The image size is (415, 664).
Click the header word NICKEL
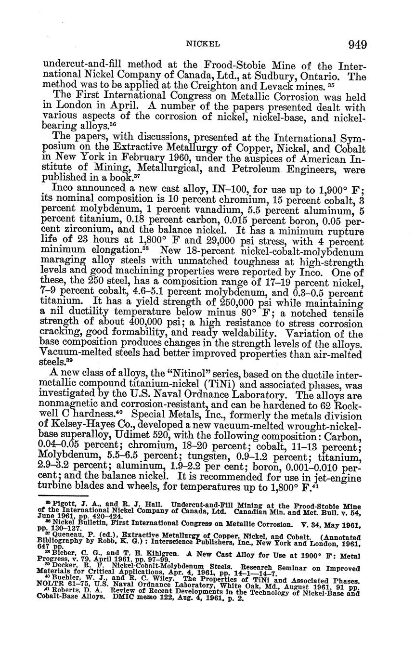click(x=203, y=44)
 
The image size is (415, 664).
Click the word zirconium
click(x=68, y=230)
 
